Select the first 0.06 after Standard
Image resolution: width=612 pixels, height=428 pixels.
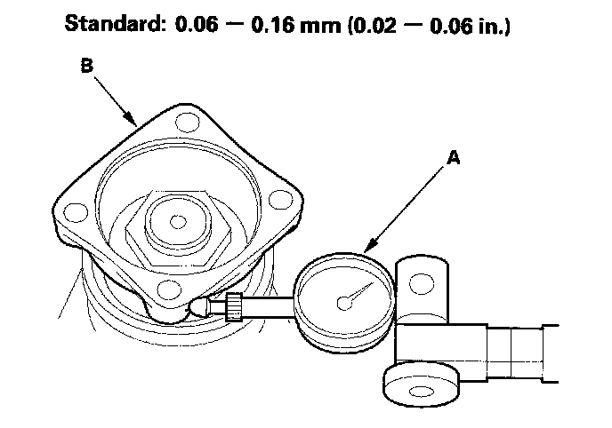pos(196,25)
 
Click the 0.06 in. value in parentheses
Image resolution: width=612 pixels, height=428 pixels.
pos(468,26)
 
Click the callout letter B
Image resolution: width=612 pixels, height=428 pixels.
pos(86,65)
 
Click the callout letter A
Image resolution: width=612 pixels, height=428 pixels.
pos(454,158)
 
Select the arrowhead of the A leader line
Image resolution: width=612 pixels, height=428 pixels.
pos(370,245)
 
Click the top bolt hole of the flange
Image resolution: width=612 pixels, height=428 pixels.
pos(188,123)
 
